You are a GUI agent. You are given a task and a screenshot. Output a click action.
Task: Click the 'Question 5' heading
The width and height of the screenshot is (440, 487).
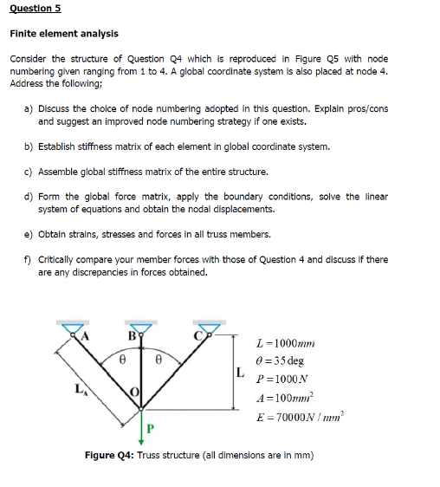(x=35, y=10)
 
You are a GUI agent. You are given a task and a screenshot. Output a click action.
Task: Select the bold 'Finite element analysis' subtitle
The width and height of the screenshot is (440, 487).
(x=63, y=34)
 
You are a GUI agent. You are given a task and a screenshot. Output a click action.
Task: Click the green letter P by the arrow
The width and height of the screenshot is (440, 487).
(x=150, y=428)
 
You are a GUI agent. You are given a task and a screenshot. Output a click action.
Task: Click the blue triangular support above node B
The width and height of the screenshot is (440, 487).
(x=141, y=328)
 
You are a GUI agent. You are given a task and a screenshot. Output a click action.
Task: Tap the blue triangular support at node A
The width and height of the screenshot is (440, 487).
(x=72, y=328)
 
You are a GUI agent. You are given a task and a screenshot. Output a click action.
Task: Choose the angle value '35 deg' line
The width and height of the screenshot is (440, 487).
(x=281, y=360)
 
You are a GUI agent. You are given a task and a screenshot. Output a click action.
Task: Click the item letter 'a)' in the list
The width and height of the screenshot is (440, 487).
(x=29, y=108)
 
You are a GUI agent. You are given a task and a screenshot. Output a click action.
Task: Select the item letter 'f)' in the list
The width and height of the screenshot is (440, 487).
(x=29, y=259)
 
